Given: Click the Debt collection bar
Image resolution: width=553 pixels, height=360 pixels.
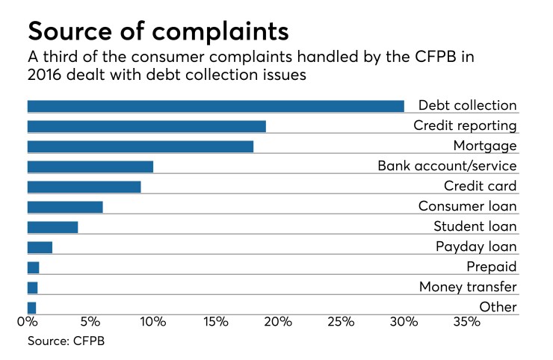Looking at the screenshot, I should click(x=215, y=106).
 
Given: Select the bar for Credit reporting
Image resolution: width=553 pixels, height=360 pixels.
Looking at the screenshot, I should click(x=146, y=126).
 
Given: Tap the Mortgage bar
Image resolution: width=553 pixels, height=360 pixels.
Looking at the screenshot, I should click(x=140, y=146).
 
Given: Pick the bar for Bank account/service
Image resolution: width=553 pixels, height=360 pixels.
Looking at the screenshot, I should click(x=90, y=167).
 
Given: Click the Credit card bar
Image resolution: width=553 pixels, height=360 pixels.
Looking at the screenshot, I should click(x=84, y=187).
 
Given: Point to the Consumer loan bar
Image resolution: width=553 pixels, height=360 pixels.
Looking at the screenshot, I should click(x=65, y=207).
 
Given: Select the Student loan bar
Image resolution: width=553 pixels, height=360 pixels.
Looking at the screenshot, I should click(x=52, y=227).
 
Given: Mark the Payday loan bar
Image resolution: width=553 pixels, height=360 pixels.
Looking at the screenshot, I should click(x=40, y=247).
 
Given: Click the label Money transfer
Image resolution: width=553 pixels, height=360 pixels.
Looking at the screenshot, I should click(x=468, y=287).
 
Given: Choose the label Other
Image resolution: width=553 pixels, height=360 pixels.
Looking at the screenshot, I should click(x=498, y=307).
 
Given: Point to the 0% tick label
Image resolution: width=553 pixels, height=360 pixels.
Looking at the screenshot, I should click(x=28, y=323).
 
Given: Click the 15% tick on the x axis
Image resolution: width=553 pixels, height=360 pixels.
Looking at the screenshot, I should click(x=215, y=323).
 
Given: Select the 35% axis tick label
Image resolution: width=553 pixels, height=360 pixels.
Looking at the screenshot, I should click(x=466, y=323).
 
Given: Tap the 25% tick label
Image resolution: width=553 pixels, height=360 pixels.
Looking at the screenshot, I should click(x=341, y=323).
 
